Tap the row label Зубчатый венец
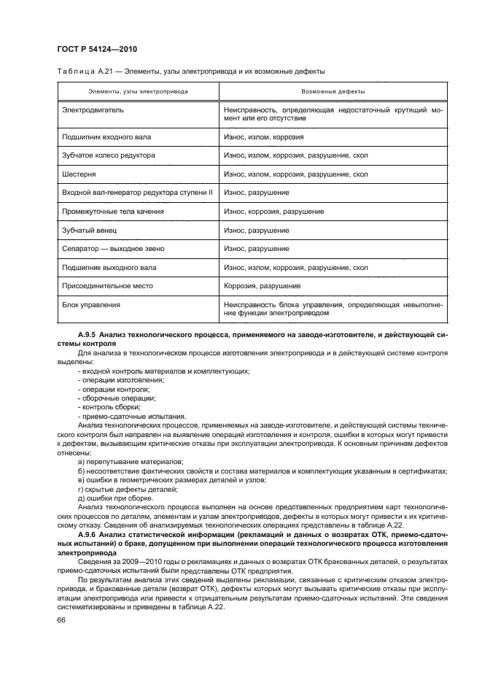click(x=88, y=230)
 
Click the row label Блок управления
click(x=90, y=304)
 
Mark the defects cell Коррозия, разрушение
click(x=262, y=286)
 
